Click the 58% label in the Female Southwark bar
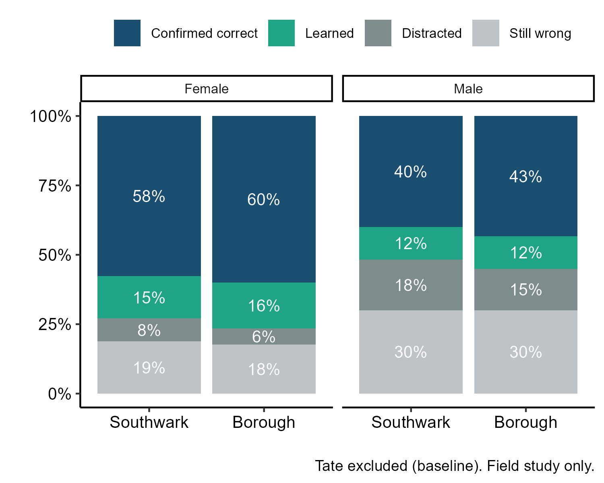149,196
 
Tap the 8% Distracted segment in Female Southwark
149,330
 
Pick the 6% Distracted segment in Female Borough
264,336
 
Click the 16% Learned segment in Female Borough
264,306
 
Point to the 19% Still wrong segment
149,367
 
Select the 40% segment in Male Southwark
411,172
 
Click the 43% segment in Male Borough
525,176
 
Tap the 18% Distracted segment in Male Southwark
411,285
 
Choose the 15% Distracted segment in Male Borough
525,289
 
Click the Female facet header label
207,89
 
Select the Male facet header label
468,89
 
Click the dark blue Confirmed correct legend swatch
127,33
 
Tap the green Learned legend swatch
281,33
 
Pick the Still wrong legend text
540,33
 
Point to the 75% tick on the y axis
55,186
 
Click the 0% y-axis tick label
59,394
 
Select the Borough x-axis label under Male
525,422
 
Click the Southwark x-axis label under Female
149,422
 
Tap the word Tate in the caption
329,466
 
